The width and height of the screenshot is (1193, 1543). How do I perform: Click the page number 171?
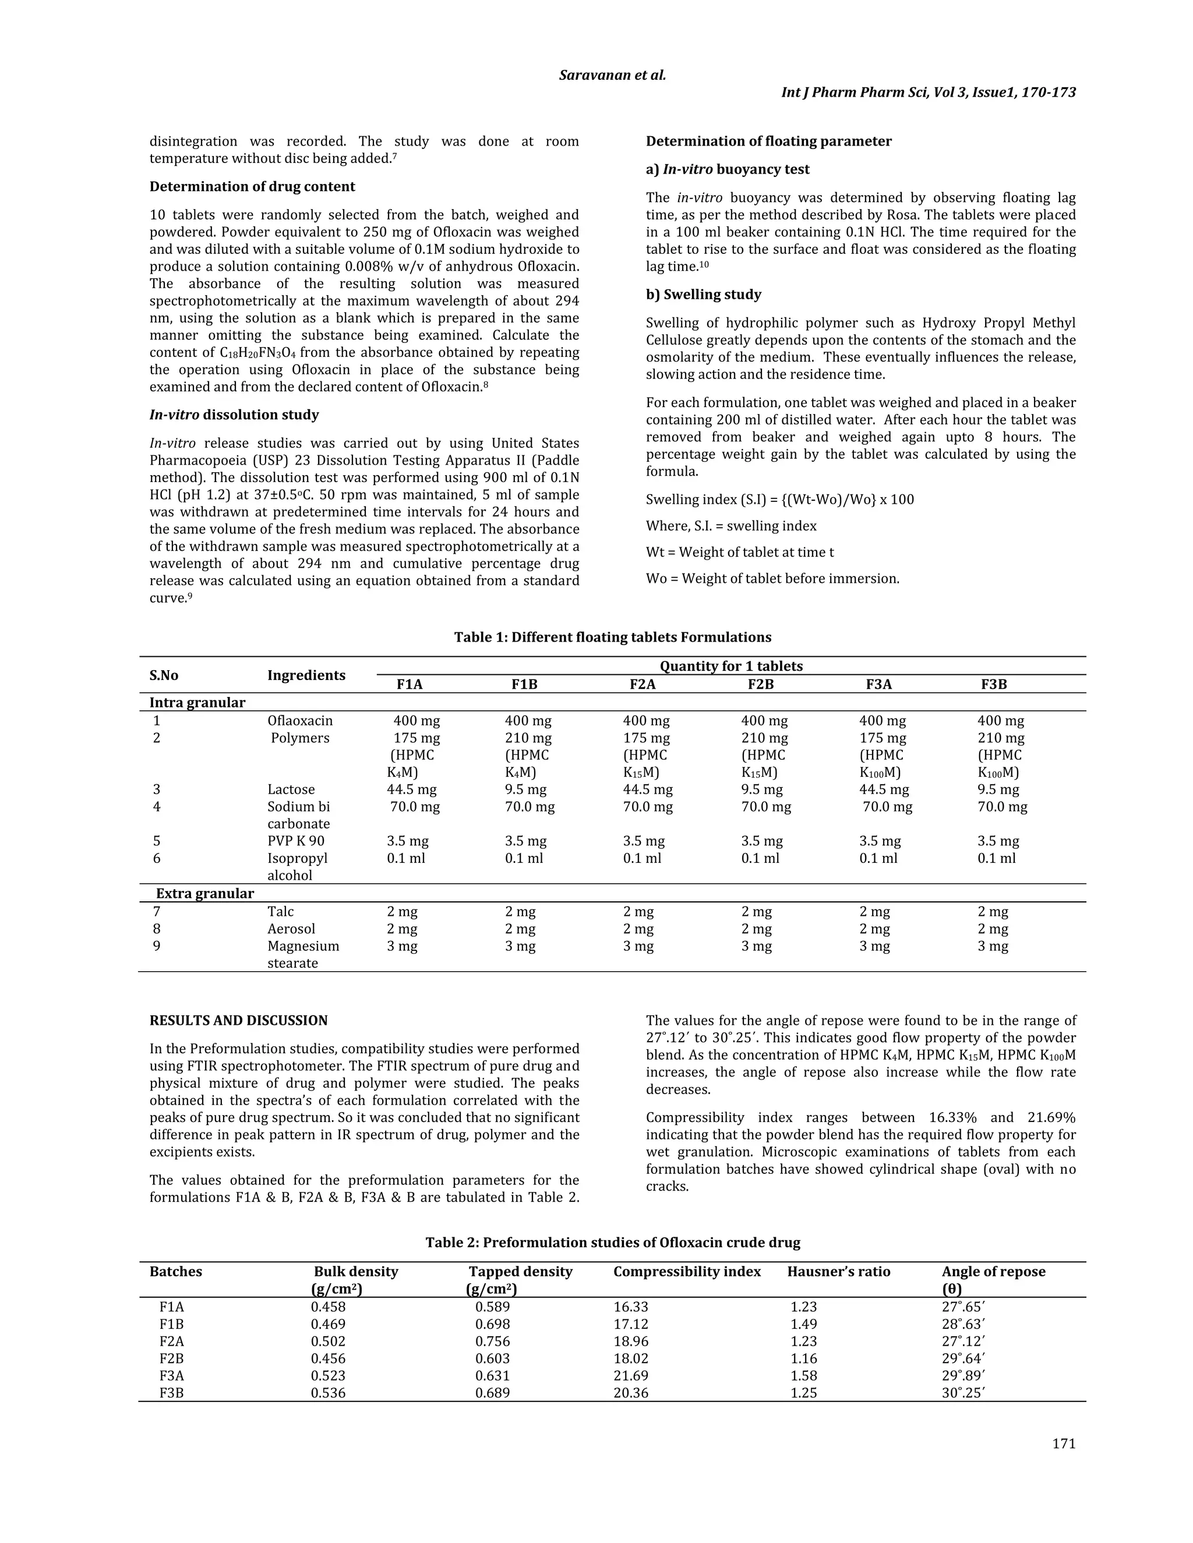click(1064, 1443)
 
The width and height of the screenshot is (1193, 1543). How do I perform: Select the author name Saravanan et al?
click(612, 75)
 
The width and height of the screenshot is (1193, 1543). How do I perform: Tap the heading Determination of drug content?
click(252, 186)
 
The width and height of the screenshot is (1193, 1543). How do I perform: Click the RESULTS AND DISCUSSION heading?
click(238, 1020)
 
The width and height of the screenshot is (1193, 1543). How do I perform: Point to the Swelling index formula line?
click(779, 500)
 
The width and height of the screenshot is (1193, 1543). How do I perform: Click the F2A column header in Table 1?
click(643, 684)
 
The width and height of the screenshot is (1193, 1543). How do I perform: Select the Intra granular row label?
click(197, 702)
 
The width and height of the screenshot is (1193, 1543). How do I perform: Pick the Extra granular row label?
click(204, 893)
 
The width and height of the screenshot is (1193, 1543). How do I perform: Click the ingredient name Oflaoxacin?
click(299, 721)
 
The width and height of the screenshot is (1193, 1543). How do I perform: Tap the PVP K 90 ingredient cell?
click(295, 841)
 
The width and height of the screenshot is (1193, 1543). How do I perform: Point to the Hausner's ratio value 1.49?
click(803, 1324)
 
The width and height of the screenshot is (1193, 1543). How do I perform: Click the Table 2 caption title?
click(612, 1242)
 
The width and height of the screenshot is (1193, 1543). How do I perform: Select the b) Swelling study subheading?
click(703, 295)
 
